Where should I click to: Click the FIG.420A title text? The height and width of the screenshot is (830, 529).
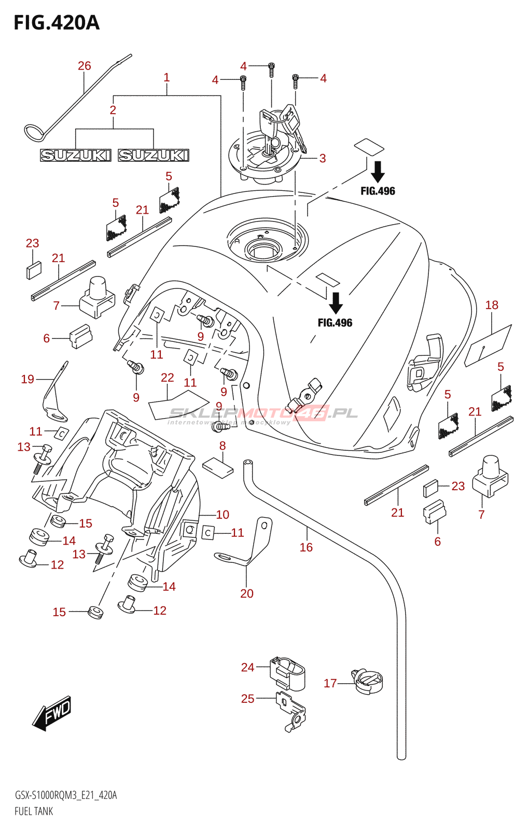tap(57, 23)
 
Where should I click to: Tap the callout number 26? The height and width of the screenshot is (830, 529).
tap(84, 66)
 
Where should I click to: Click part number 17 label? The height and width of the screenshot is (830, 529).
tap(330, 683)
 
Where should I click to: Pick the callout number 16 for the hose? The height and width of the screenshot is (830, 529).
tap(306, 547)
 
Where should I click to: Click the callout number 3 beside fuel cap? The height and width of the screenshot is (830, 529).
tap(323, 158)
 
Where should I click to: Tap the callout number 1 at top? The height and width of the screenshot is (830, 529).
tap(166, 77)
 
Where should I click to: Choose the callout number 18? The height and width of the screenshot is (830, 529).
tap(492, 305)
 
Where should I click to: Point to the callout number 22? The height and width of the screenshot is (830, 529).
tap(167, 378)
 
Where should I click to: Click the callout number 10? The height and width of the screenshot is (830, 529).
tap(222, 515)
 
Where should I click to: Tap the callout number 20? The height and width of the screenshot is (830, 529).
tap(247, 593)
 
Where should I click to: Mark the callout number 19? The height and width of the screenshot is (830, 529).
tap(27, 379)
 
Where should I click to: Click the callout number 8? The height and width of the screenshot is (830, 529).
tap(222, 446)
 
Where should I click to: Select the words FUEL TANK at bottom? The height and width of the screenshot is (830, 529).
tap(34, 811)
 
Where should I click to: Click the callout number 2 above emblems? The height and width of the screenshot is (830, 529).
tap(113, 110)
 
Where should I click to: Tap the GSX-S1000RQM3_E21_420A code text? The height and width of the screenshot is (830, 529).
tap(66, 795)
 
